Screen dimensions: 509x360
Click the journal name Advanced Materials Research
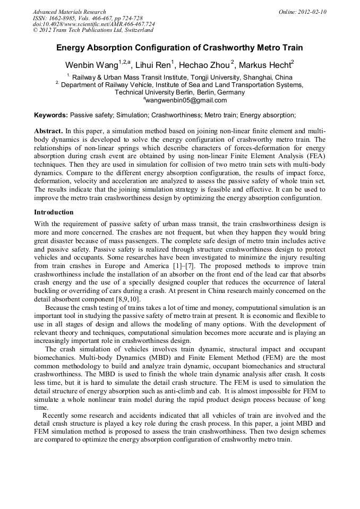point(69,12)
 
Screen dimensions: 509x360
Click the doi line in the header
point(93,24)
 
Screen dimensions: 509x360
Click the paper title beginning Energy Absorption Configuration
point(179,48)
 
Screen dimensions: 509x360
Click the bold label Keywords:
point(51,115)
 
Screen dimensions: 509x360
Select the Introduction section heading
point(54,212)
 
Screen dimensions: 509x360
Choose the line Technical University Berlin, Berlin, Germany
point(179,92)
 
